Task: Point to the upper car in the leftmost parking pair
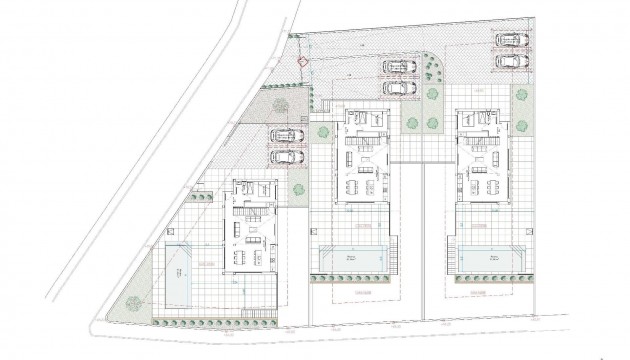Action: point(286,135)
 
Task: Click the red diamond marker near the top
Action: point(303,64)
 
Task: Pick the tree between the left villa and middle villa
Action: point(297,186)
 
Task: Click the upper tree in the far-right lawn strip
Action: point(521,95)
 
